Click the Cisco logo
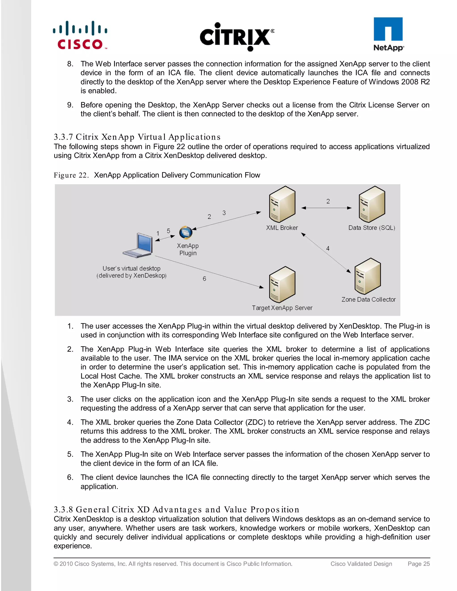coord(80,35)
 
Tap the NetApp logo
coord(388,34)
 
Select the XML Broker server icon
coord(282,204)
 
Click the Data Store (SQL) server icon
coord(372,204)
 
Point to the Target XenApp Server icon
coord(282,284)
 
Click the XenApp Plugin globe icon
coord(186,232)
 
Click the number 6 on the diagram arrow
coord(204,279)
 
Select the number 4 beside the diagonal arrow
coord(328,248)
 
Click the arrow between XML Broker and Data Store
coord(326,208)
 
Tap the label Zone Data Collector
coord(368,300)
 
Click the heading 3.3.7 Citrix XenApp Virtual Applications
coord(137,137)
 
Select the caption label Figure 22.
coord(71,175)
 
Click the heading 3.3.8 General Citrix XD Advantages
coord(177,510)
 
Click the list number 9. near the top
coord(70,105)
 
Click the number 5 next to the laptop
coord(168,231)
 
